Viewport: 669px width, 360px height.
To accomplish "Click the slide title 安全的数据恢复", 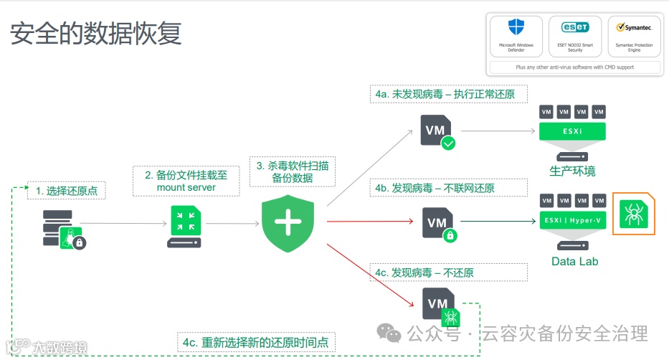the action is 95,32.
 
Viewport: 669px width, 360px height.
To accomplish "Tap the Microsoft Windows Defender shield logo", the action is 516,27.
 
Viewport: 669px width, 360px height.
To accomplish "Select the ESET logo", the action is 575,27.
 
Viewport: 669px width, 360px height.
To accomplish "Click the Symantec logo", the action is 634,27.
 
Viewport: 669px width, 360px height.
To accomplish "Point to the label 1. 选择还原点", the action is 66,191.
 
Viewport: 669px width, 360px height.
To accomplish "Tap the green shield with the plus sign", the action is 288,222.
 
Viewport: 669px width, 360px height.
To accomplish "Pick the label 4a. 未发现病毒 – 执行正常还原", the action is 450,94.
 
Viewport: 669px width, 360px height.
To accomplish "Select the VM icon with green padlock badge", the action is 438,223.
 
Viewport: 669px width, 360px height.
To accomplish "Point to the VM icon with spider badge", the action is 440,306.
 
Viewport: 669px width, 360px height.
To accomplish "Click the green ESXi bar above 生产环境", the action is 572,131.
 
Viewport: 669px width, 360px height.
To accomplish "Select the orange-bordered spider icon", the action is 634,214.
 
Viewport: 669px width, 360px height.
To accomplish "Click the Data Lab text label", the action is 574,261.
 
